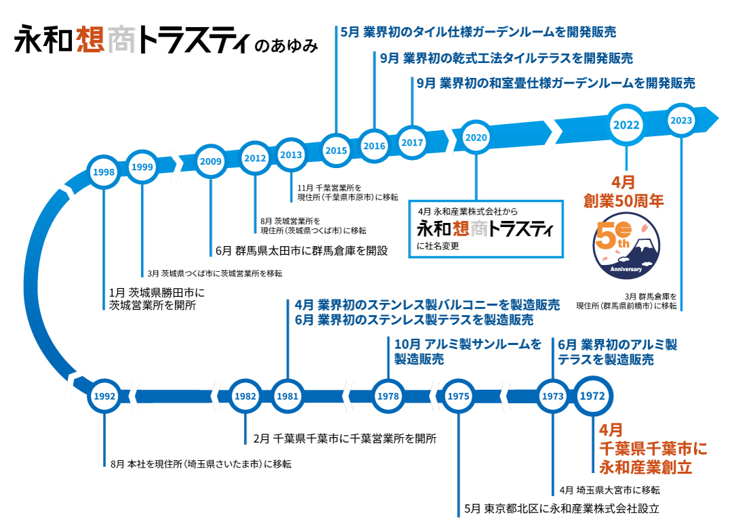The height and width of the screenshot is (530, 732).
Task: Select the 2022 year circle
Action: pyautogui.click(x=626, y=125)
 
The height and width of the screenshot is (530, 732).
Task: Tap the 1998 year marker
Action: pyautogui.click(x=104, y=172)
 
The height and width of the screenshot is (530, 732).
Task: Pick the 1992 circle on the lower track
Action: pyautogui.click(x=104, y=396)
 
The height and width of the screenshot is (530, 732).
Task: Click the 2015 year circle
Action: pyautogui.click(x=335, y=150)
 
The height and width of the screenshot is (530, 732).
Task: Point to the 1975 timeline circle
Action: pyautogui.click(x=459, y=396)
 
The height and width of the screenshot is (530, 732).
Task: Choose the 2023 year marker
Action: pyautogui.click(x=680, y=121)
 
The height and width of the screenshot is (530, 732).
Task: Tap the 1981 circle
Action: pyautogui.click(x=288, y=396)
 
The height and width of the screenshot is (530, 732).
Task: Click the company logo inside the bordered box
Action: pyautogui.click(x=485, y=228)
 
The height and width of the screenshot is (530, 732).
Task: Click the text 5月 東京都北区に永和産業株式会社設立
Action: pyautogui.click(x=562, y=508)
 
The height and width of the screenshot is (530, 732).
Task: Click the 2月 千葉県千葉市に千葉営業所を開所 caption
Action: pyautogui.click(x=344, y=438)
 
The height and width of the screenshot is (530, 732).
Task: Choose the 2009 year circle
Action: pyautogui.click(x=211, y=161)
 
